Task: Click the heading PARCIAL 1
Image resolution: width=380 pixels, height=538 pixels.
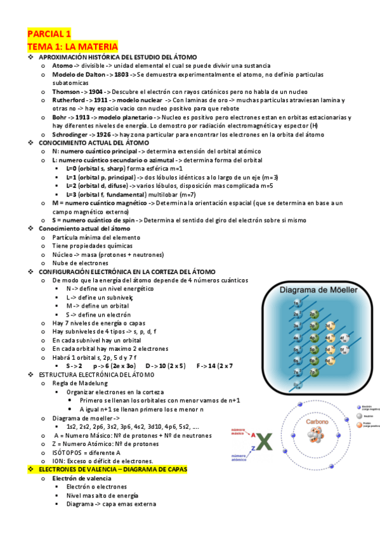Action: coord(49,34)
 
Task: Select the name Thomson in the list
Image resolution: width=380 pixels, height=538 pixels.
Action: coord(66,92)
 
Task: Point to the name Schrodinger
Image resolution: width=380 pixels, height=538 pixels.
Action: coord(73,134)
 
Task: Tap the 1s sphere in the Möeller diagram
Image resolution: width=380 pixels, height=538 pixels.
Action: coord(296,303)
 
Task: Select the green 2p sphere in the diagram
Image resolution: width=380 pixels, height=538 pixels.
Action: coord(313,314)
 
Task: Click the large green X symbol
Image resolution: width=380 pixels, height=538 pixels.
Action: coord(263,441)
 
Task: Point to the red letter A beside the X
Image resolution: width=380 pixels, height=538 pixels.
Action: coord(253,436)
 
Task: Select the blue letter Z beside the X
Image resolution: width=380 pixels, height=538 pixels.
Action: coord(254,449)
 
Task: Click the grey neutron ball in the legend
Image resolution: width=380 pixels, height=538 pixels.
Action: coord(360,416)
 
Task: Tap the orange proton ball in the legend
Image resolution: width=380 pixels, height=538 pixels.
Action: coord(360,424)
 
